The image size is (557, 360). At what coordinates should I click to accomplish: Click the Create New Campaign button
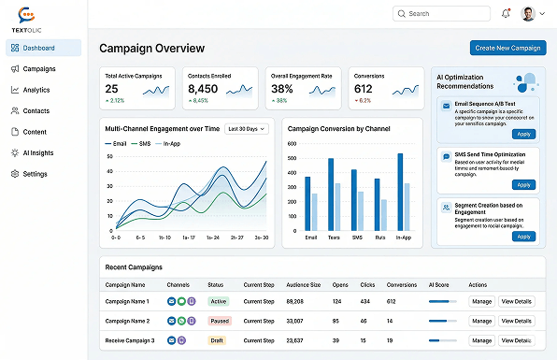point(507,48)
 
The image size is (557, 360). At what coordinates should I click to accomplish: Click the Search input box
point(440,14)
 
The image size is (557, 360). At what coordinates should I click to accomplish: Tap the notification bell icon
point(506,14)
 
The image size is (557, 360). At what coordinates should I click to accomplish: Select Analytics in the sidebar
point(36,90)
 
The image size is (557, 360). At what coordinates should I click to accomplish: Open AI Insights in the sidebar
point(39,152)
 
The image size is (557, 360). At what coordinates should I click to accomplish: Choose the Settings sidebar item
point(35,174)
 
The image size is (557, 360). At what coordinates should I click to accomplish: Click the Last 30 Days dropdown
point(247,128)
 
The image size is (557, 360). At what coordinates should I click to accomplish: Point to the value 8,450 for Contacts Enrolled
point(202,89)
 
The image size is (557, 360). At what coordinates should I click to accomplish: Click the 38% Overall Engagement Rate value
point(282,89)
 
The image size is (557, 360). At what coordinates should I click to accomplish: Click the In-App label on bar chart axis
point(403,238)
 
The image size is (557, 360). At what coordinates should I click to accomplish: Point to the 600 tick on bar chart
point(293,145)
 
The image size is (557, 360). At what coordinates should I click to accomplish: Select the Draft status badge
point(217,340)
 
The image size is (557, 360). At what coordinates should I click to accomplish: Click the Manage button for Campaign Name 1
point(481,302)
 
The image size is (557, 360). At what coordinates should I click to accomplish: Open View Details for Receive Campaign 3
point(517,340)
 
